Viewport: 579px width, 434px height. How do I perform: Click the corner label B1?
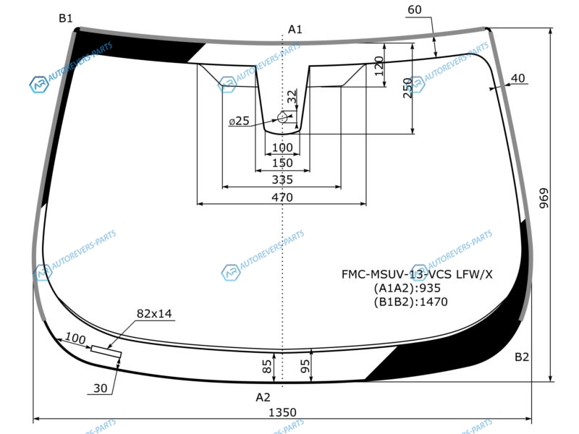[66, 18]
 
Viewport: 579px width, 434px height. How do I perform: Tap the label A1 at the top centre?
[295, 29]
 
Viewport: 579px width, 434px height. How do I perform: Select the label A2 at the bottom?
[263, 397]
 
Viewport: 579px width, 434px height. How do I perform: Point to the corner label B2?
[522, 357]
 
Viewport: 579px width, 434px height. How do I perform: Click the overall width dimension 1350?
[282, 412]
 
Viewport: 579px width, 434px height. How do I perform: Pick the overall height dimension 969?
[544, 198]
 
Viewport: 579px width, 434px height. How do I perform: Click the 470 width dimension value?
[282, 197]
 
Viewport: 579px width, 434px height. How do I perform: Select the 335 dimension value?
[282, 179]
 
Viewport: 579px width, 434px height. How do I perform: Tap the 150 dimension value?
[282, 163]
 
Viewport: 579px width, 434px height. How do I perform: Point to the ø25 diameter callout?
[239, 121]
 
